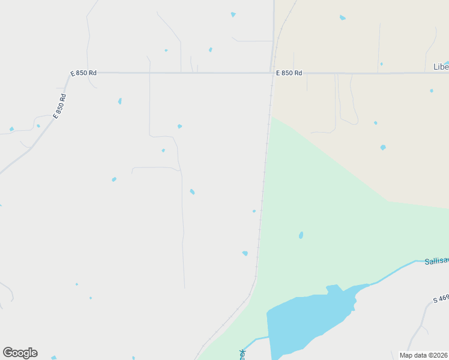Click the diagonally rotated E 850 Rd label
coord(59,106)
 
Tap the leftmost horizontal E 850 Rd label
coord(83,73)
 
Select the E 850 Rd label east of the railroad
coord(289,73)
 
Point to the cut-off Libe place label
coord(441,67)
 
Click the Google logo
coord(20,353)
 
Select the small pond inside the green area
coord(301,235)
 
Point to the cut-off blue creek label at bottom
coord(243,354)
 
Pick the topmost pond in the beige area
coord(343,17)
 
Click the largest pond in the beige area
coord(383,147)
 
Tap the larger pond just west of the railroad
coord(245,253)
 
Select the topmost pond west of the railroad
coord(233,14)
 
